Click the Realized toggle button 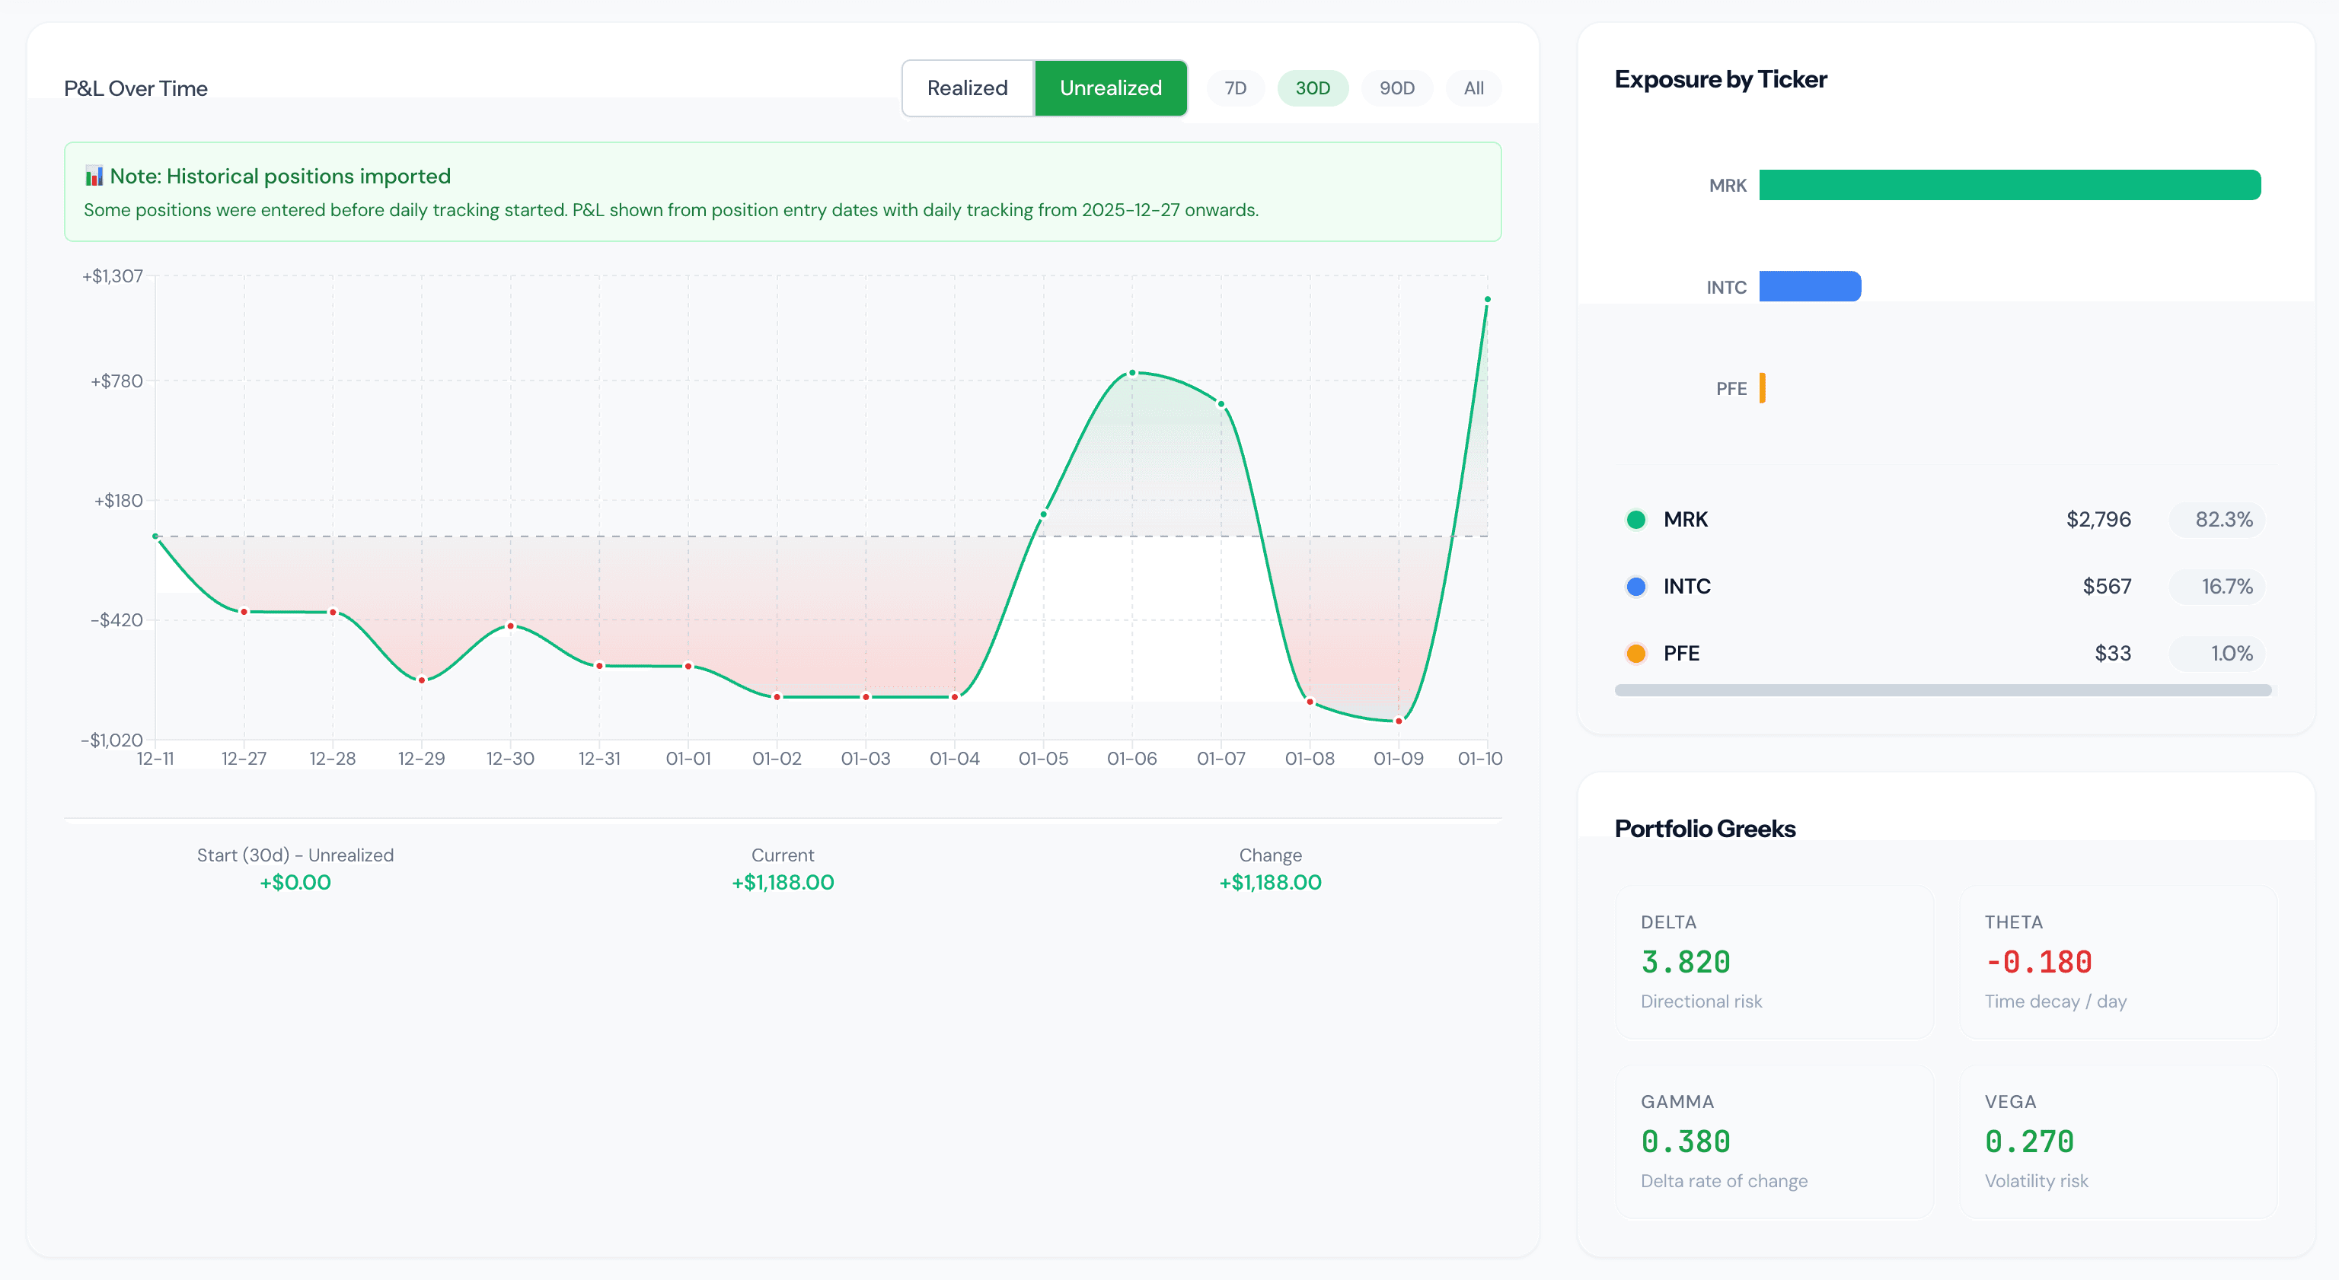tap(967, 88)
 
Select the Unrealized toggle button tap(1109, 88)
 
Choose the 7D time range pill tap(1235, 88)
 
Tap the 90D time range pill tap(1396, 88)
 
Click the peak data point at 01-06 tap(1132, 373)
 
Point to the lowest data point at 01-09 tap(1399, 721)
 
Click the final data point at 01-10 tap(1486, 300)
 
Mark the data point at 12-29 tap(421, 680)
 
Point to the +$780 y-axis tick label tap(117, 381)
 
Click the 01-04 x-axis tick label tap(954, 759)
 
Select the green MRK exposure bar tap(2009, 185)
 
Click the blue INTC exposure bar tap(1809, 287)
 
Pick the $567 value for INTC tap(2106, 587)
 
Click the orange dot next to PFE tap(1635, 654)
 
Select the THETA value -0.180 tap(2037, 962)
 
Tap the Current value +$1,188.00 tap(783, 883)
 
